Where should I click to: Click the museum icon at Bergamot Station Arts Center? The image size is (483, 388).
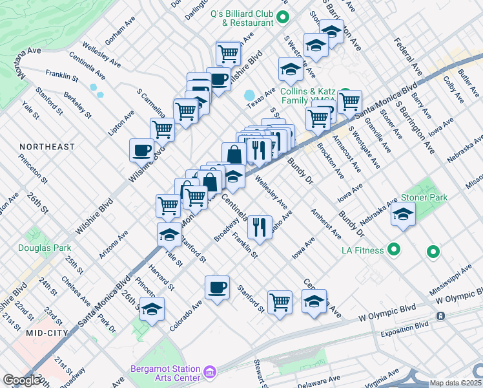point(209,372)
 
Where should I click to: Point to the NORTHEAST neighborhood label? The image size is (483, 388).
point(47,147)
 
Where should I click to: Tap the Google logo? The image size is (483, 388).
point(21,380)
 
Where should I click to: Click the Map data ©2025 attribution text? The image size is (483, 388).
point(455,383)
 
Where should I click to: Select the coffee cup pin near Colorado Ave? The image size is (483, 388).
point(217,286)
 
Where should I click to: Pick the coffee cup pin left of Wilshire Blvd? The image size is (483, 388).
point(141,151)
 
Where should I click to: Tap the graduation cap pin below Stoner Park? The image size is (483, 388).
point(403,214)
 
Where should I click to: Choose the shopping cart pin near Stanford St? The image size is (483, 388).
point(280,301)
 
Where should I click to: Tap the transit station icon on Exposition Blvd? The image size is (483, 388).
point(440,316)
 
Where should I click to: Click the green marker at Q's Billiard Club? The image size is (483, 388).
point(282,17)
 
